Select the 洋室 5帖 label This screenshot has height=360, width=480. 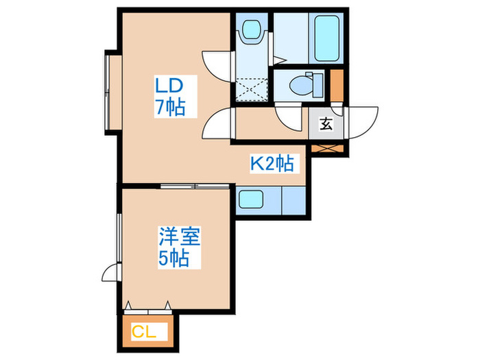click(x=179, y=248)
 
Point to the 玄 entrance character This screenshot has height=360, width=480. click(x=326, y=124)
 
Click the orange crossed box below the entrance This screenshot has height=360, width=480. click(x=326, y=147)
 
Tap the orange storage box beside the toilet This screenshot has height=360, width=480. click(x=337, y=84)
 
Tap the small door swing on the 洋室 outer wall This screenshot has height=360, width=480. click(x=110, y=273)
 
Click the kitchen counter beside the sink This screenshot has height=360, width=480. click(x=293, y=200)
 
